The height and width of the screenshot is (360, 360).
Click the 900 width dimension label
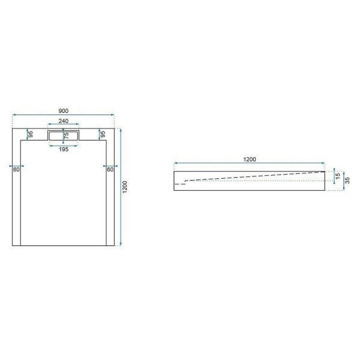point(64,110)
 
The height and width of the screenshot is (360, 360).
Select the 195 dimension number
point(64,149)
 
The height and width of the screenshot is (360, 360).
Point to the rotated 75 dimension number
point(67,136)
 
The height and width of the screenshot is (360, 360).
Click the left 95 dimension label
point(29,134)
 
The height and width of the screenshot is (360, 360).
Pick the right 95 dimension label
point(103,134)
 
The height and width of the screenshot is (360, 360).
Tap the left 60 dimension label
point(17,170)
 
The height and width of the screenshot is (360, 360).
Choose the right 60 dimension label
point(110,170)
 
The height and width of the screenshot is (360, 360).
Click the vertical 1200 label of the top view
point(125,186)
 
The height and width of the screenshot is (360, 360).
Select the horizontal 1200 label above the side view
point(250,159)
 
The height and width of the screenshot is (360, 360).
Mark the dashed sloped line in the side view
point(252,176)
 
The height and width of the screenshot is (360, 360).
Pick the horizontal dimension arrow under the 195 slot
point(64,145)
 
